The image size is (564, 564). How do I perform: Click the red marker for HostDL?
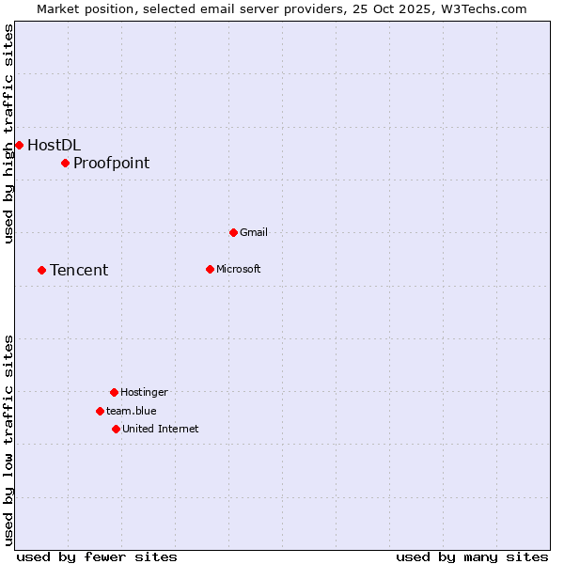[x=19, y=145]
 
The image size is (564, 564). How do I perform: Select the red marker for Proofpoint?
[x=65, y=164]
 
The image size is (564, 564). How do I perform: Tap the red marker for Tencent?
[x=41, y=271]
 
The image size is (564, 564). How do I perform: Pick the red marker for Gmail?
[x=233, y=232]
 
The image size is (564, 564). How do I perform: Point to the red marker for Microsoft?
[x=210, y=269]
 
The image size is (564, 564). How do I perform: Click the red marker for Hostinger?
[x=114, y=392]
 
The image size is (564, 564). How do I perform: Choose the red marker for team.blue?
[x=100, y=411]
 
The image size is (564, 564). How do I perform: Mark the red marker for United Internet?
[x=116, y=429]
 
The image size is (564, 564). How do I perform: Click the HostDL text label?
[x=54, y=145]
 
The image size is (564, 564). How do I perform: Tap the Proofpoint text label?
[x=111, y=164]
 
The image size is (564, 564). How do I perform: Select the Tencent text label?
[x=79, y=271]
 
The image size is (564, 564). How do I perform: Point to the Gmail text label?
[x=254, y=232]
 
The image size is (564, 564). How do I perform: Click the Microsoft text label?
[x=239, y=269]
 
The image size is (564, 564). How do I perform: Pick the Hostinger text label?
[x=144, y=392]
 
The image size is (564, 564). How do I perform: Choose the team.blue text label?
[x=132, y=411]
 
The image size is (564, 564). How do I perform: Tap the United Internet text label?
[x=161, y=429]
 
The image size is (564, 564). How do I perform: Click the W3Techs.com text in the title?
[x=481, y=8]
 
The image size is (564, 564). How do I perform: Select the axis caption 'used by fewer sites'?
[x=97, y=556]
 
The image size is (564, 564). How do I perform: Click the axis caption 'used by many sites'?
[x=472, y=556]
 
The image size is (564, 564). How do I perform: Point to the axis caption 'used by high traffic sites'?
[x=8, y=133]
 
